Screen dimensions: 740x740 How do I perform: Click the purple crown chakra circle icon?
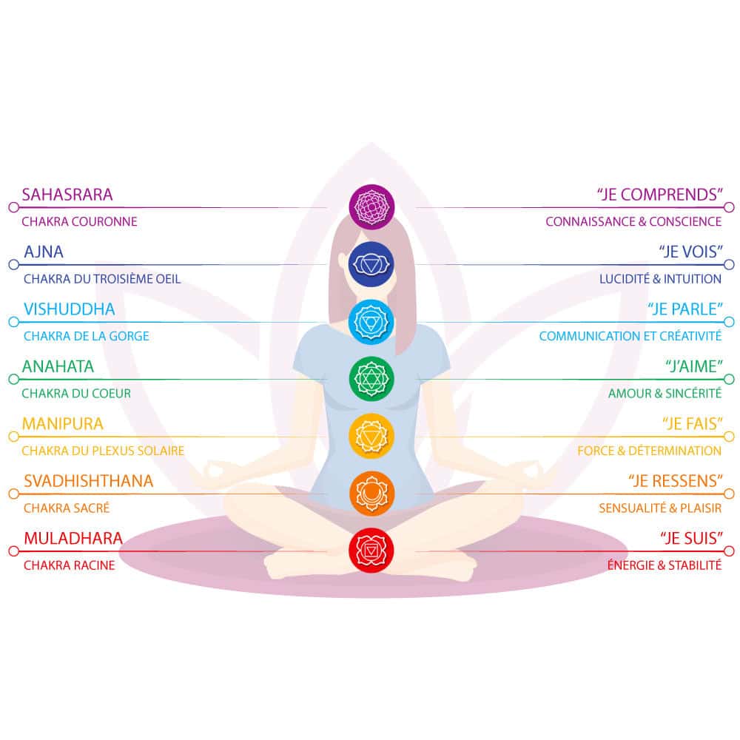pyautogui.click(x=371, y=206)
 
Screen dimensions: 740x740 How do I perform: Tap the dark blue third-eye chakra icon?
pyautogui.click(x=371, y=264)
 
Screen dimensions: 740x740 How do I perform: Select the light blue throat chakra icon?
pyautogui.click(x=371, y=322)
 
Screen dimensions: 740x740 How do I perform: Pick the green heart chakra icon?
pyautogui.click(x=371, y=379)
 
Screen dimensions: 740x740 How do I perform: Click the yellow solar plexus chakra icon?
pyautogui.click(x=371, y=436)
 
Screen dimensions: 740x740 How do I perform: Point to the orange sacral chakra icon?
pyautogui.click(x=371, y=494)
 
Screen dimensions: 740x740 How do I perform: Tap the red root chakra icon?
pyautogui.click(x=371, y=551)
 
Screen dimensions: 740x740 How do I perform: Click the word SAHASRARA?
pyautogui.click(x=67, y=195)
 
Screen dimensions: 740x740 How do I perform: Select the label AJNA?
pyautogui.click(x=44, y=252)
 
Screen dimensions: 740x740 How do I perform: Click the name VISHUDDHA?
pyautogui.click(x=70, y=309)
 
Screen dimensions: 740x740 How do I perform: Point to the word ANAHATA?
pyautogui.click(x=58, y=366)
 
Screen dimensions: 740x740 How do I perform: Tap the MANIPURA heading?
pyautogui.click(x=63, y=424)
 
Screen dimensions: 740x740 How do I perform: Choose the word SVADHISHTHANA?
pyautogui.click(x=89, y=481)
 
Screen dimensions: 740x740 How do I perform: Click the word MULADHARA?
pyautogui.click(x=73, y=538)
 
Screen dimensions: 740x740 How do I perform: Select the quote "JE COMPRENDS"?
pyautogui.click(x=660, y=195)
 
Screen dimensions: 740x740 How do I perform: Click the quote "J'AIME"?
pyautogui.click(x=694, y=366)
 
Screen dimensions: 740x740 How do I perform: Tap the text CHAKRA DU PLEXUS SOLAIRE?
pyautogui.click(x=103, y=451)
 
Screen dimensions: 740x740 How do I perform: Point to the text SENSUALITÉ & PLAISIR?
pyautogui.click(x=660, y=508)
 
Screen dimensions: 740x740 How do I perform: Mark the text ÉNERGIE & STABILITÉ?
pyautogui.click(x=665, y=565)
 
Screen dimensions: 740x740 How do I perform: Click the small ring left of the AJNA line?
pyautogui.click(x=13, y=264)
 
